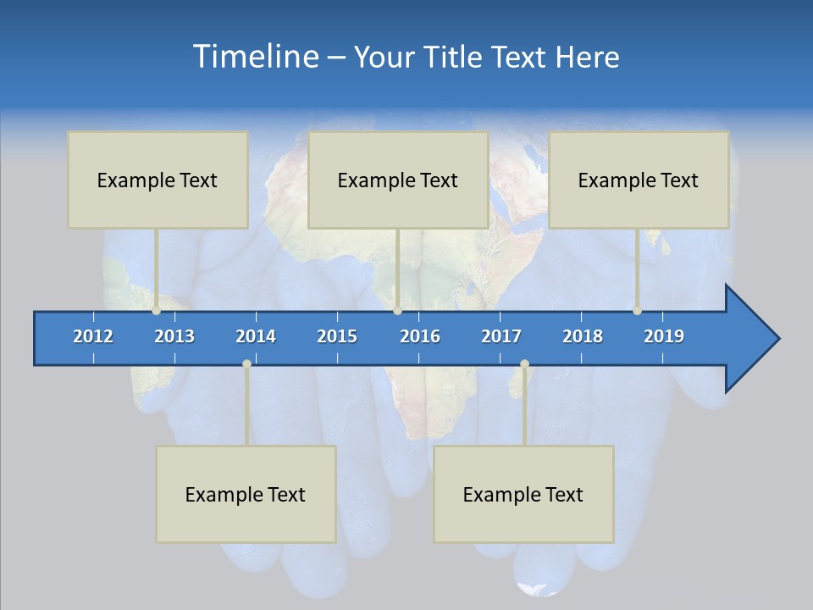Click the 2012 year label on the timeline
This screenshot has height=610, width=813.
click(93, 336)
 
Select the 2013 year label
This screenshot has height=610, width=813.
click(174, 336)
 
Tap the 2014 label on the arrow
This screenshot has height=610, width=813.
click(256, 336)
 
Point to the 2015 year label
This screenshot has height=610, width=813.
click(337, 336)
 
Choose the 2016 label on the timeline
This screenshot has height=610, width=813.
click(420, 336)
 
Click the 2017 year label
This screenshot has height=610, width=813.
click(501, 336)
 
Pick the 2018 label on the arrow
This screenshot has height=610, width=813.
click(583, 336)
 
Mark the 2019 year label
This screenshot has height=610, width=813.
click(664, 336)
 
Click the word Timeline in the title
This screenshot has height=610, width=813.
click(254, 57)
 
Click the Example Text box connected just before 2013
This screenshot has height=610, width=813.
click(158, 180)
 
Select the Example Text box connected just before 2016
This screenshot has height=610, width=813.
click(398, 180)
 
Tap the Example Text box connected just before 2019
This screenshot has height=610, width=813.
click(639, 180)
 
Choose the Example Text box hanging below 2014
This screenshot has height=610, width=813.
click(246, 494)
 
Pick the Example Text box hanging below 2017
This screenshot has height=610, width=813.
click(523, 494)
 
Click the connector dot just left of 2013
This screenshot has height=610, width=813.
click(157, 311)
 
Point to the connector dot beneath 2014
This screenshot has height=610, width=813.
click(246, 364)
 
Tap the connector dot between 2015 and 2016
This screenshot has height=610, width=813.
click(397, 311)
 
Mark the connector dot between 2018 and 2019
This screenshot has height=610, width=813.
click(637, 311)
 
